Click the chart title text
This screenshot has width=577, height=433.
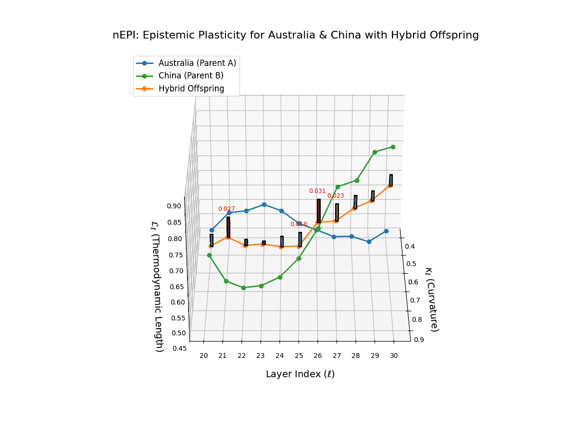coord(295,35)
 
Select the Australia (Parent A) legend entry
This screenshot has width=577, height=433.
coord(197,63)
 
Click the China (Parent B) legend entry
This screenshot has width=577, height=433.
coord(191,76)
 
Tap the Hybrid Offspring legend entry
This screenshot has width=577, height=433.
coord(191,89)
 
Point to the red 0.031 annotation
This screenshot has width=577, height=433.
coord(317,191)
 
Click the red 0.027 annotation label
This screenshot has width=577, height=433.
coord(226,209)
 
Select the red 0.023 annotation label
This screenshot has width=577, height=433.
coord(336,196)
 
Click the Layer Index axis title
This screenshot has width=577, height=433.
coord(300,374)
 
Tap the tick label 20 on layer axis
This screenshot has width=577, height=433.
coord(204,356)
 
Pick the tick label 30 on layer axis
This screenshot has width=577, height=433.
coord(394,356)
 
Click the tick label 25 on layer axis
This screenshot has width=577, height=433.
coord(299,356)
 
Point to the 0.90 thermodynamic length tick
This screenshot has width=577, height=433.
coord(174,206)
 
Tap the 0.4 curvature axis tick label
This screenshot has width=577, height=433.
coord(410,246)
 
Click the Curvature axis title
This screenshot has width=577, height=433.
coord(431,299)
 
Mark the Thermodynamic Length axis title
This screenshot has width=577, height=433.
coord(158,286)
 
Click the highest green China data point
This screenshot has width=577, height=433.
coord(393,147)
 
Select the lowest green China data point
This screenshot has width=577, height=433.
coord(243,288)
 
